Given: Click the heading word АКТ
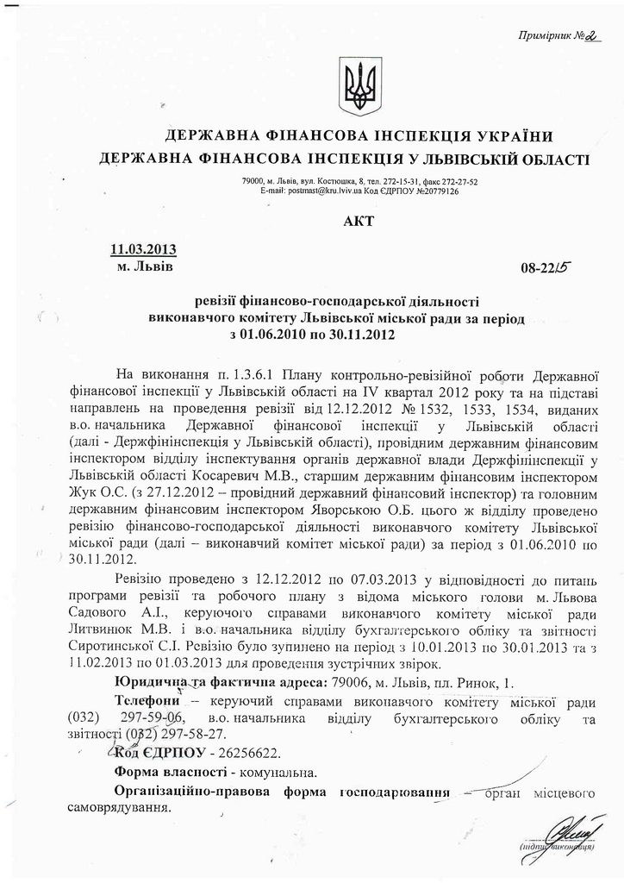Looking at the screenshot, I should tap(359, 222).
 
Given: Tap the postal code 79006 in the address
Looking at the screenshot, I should tap(351, 684).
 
